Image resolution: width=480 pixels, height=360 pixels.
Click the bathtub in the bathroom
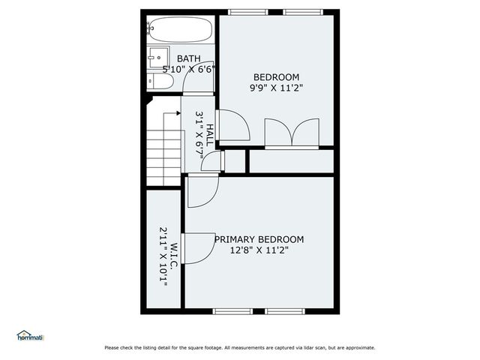tap(178, 31)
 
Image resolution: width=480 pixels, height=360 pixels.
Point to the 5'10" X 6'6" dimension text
tap(189, 69)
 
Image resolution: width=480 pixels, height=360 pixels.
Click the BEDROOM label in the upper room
tap(276, 77)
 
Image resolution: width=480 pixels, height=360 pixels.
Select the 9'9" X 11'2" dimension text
tap(277, 88)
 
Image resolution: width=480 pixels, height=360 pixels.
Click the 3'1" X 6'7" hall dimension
tap(199, 134)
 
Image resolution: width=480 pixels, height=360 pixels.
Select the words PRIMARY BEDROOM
tap(259, 239)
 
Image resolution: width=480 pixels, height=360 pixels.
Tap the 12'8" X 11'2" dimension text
tap(259, 250)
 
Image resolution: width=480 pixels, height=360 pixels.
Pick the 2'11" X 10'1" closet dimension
tap(163, 254)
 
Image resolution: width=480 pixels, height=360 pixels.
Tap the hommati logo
tap(31, 335)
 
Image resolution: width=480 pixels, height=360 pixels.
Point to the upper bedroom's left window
tap(247, 11)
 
